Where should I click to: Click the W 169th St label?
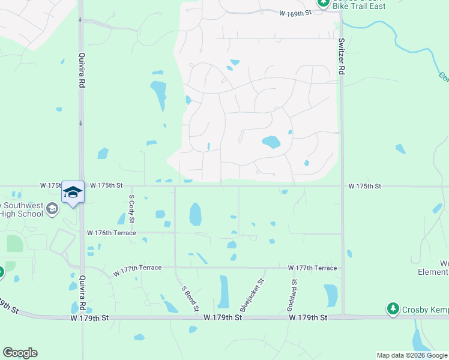click(x=297, y=12)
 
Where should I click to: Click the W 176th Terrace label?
click(x=112, y=233)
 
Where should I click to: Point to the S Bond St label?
click(x=190, y=298)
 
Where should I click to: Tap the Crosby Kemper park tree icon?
click(x=393, y=308)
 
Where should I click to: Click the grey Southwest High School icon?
click(x=52, y=209)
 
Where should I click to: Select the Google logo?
click(x=20, y=353)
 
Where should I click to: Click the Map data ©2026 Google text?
click(x=412, y=355)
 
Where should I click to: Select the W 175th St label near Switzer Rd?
click(x=365, y=187)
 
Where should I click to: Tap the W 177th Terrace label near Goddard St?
click(x=312, y=268)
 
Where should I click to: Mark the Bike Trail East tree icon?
click(x=323, y=2)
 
